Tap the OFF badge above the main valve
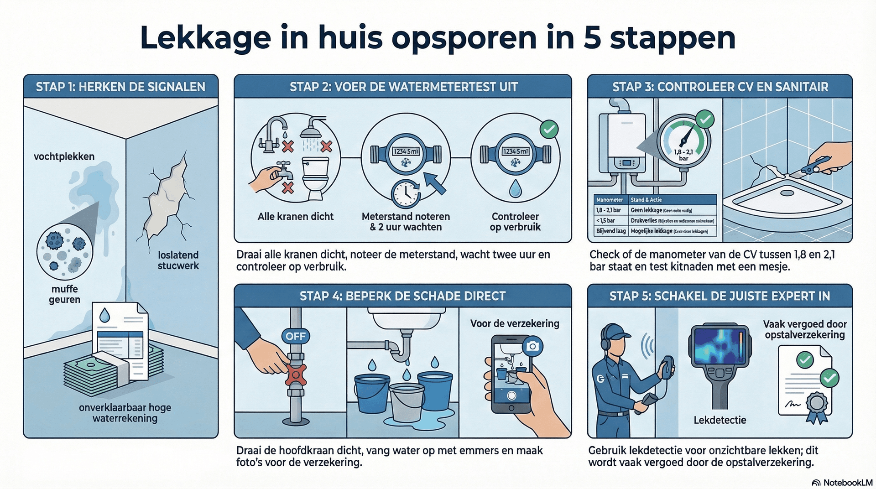(295, 336)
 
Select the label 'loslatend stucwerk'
(178, 260)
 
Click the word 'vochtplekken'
(64, 157)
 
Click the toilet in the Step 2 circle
(316, 178)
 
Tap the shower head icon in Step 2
(313, 127)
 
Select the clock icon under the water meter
(406, 195)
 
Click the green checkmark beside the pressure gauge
(705, 120)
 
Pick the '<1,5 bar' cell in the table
(605, 221)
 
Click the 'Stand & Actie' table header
(646, 200)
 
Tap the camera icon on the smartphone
(532, 346)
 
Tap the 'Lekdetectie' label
(720, 420)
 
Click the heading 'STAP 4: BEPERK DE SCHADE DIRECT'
(402, 296)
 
